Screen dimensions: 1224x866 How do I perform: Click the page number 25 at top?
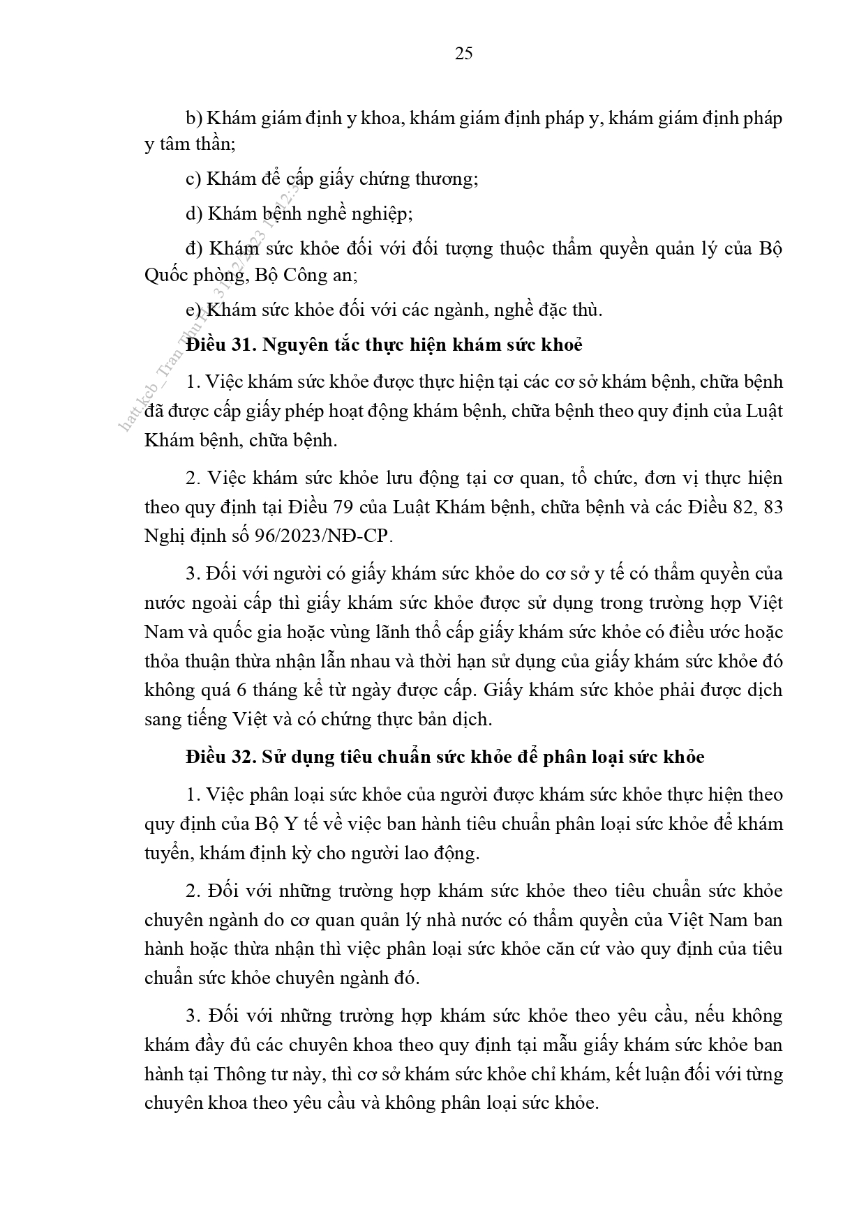click(463, 54)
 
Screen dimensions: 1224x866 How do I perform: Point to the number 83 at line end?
click(772, 507)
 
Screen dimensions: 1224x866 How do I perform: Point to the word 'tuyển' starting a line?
click(167, 853)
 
